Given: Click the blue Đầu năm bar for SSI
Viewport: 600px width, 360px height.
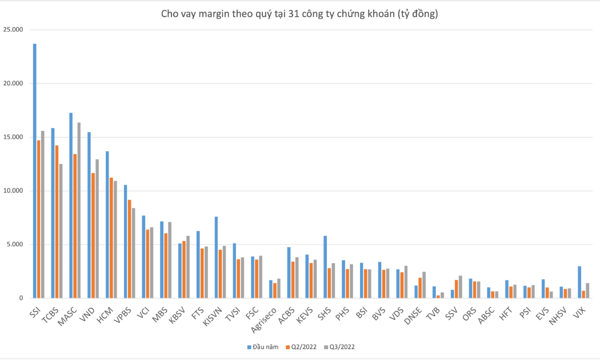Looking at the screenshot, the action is [x=35, y=171].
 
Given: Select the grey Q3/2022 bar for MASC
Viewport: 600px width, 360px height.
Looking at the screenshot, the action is [x=79, y=210].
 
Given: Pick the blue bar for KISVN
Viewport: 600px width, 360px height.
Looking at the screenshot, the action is [x=217, y=258].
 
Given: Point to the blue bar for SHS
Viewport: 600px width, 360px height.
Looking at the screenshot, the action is [x=325, y=267].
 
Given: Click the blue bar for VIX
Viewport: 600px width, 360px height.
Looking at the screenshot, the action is [x=580, y=282].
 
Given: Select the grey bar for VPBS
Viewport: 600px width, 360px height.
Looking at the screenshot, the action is [x=134, y=253].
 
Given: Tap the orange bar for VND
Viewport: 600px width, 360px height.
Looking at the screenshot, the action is [x=93, y=235].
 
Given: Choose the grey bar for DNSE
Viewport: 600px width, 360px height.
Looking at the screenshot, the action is [x=424, y=285].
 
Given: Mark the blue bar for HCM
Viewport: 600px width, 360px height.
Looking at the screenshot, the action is [x=107, y=225].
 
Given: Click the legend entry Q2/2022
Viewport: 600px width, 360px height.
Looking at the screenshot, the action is [x=301, y=347].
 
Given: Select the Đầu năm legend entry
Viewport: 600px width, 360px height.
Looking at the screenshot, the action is [x=263, y=347].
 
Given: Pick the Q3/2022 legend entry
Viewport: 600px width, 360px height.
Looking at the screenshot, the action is [x=339, y=347].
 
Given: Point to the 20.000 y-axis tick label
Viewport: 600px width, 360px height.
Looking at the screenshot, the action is [x=13, y=83].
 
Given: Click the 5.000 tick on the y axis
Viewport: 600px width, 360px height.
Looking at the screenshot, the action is [x=15, y=245].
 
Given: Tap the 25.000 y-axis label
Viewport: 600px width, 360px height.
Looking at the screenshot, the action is [x=13, y=30].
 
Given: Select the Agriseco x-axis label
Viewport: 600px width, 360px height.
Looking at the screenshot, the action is [x=263, y=320].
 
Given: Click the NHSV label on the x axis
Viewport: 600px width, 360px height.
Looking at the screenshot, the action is [x=558, y=316].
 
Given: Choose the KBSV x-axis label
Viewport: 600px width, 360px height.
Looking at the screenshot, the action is [x=177, y=316].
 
